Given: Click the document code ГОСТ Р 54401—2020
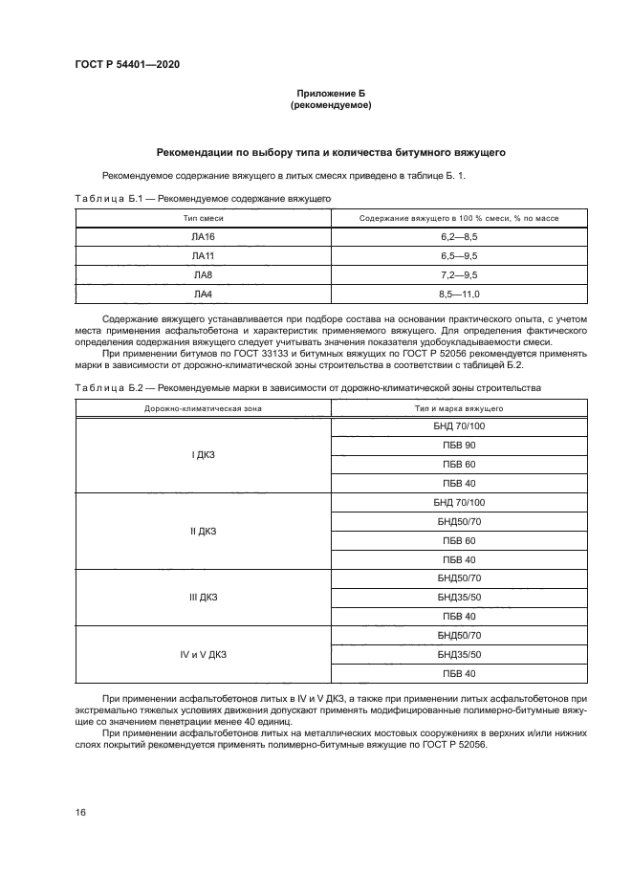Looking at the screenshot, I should pos(126,64).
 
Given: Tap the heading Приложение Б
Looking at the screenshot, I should pos(330,93).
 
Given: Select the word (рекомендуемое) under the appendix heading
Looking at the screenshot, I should pos(330,105).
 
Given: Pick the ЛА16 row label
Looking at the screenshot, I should pos(203,237).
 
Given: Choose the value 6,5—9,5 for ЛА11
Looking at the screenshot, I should pos(459,256).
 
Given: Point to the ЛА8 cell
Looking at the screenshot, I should pos(203,275).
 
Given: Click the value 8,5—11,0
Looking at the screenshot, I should pos(459,294).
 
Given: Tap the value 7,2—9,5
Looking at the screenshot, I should pos(459,275).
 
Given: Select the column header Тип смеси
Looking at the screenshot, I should pos(203,219).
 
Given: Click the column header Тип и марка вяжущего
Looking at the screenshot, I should pos(459,408).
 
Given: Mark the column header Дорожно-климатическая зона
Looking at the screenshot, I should pos(203,408).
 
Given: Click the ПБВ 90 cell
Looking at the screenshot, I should pos(459,446).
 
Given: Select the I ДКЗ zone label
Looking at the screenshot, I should pos(203,455).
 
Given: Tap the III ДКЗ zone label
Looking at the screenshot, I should pos(203,598).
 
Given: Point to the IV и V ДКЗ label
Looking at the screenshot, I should pos(203,655).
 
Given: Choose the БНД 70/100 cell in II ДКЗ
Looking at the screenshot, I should pos(459,503).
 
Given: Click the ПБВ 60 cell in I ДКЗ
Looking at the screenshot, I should pos(459,465).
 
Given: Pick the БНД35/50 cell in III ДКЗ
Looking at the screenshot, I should pos(459,598).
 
